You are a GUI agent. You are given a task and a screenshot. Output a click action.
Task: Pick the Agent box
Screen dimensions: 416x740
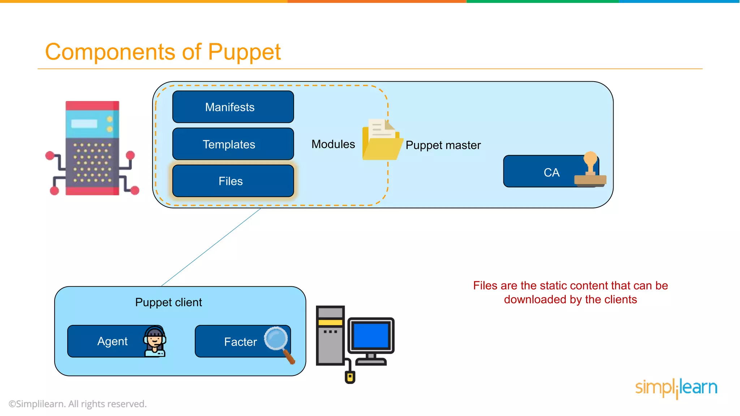[108, 341]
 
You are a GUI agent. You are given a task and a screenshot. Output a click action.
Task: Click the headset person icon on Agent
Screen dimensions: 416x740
[155, 341]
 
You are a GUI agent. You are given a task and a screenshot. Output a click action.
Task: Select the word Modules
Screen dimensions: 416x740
[333, 144]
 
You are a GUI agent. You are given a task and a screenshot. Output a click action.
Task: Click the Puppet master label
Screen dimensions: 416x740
[443, 145]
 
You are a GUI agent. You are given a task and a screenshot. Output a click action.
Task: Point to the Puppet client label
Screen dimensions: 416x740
[168, 302]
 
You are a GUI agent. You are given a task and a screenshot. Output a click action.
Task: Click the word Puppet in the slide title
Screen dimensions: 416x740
[244, 52]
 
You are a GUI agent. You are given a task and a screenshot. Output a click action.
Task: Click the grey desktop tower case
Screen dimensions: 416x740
[330, 336]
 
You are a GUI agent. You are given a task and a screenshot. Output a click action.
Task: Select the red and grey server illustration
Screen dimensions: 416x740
[92, 148]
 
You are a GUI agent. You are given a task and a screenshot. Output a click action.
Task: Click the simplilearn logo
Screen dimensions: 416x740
[676, 388]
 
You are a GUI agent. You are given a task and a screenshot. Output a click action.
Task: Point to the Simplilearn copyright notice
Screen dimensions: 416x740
[78, 404]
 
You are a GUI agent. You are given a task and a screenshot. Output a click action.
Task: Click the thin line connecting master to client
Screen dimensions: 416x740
[211, 247]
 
